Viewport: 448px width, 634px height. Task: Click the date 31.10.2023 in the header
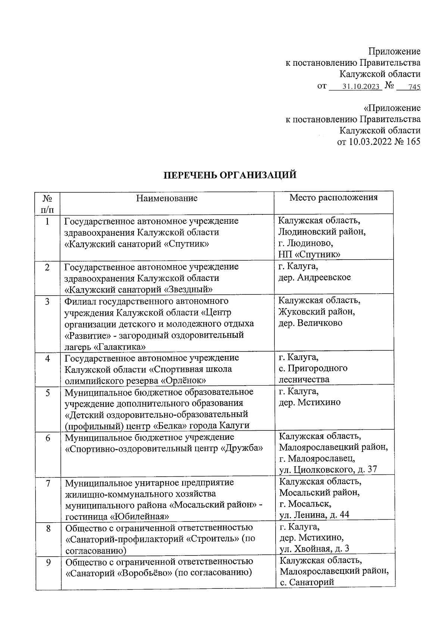click(361, 87)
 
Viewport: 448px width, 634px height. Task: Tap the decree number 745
click(414, 87)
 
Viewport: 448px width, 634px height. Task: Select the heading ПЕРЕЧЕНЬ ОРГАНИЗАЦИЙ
click(231, 175)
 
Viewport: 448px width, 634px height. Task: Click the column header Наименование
click(167, 198)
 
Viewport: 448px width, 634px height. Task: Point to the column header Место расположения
click(333, 197)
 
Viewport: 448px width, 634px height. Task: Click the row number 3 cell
click(48, 301)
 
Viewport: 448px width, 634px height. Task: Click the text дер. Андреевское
click(315, 277)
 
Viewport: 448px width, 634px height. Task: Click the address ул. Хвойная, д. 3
click(314, 548)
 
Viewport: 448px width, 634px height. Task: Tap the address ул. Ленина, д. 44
click(314, 515)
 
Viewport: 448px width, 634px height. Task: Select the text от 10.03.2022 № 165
click(379, 142)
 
